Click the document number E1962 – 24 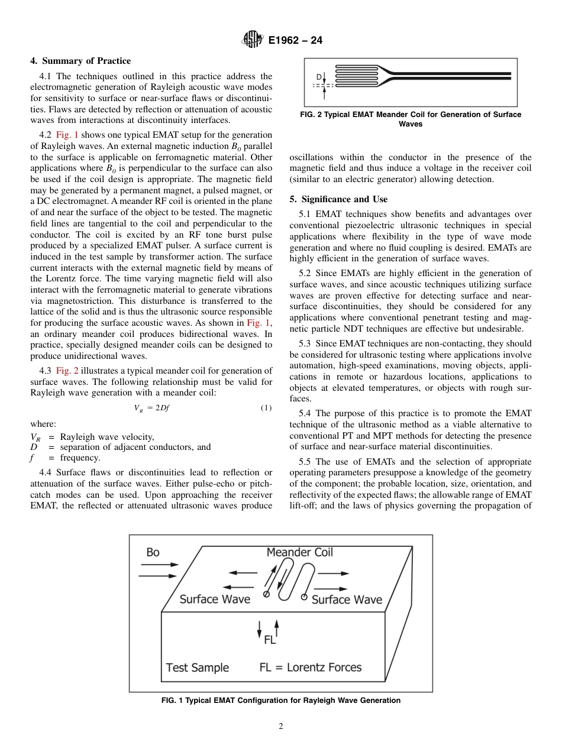pyautogui.click(x=295, y=41)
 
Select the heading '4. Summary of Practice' pyautogui.click(x=80, y=61)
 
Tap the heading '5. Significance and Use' pyautogui.click(x=338, y=199)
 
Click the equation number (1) pyautogui.click(x=266, y=409)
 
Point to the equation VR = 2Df pyautogui.click(x=152, y=409)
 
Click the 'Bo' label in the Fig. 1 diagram pyautogui.click(x=153, y=552)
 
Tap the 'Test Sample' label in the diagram pyautogui.click(x=197, y=667)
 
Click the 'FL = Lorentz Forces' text pyautogui.click(x=310, y=667)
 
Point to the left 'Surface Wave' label pyautogui.click(x=215, y=599)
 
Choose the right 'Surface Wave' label pyautogui.click(x=347, y=600)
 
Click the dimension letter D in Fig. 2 pyautogui.click(x=319, y=77)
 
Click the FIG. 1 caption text pyautogui.click(x=280, y=701)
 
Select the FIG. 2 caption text pyautogui.click(x=411, y=119)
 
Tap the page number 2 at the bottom pyautogui.click(x=281, y=727)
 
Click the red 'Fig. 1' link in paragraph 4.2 pyautogui.click(x=67, y=135)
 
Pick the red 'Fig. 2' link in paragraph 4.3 pyautogui.click(x=67, y=371)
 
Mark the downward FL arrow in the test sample pyautogui.click(x=259, y=629)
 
